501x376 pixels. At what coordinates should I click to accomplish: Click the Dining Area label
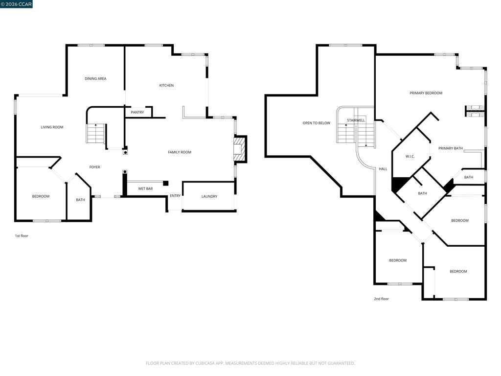click(x=95, y=79)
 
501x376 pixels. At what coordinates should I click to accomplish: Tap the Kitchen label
click(x=166, y=85)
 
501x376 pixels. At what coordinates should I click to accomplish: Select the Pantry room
click(x=137, y=112)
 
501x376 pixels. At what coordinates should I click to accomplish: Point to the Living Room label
click(x=52, y=127)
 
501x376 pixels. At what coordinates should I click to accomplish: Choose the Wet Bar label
click(x=145, y=188)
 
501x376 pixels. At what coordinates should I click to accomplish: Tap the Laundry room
click(x=209, y=196)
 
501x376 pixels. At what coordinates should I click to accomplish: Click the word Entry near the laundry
click(x=175, y=196)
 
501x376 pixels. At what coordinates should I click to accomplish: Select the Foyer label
click(x=94, y=167)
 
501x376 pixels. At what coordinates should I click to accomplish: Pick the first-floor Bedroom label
click(x=41, y=196)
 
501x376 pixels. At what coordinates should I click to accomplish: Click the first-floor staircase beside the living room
click(x=95, y=133)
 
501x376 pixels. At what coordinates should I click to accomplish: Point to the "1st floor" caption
click(x=22, y=236)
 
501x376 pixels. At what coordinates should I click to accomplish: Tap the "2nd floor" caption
click(x=382, y=299)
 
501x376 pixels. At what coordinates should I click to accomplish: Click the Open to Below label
click(x=317, y=123)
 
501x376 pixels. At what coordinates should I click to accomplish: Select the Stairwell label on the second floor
click(x=356, y=120)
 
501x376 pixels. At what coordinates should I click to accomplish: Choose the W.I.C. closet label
click(x=410, y=156)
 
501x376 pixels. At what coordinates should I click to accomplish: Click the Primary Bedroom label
click(x=426, y=93)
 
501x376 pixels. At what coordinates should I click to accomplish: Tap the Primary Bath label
click(x=451, y=148)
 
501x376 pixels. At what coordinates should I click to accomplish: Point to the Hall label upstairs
click(x=383, y=169)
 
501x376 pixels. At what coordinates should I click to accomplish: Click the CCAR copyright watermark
click(x=16, y=4)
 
